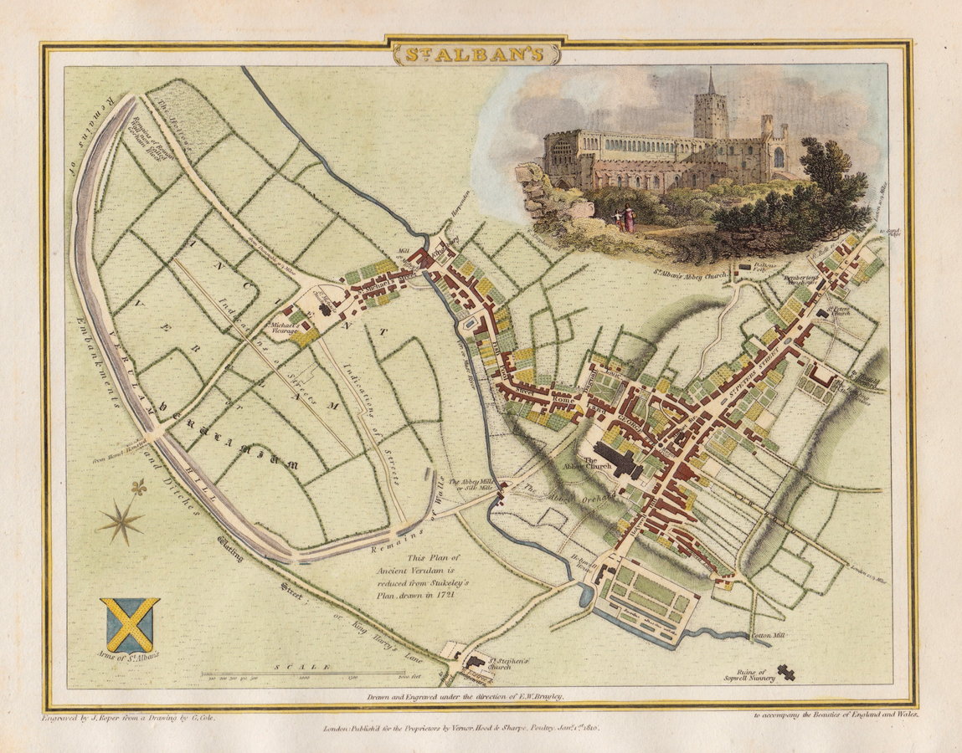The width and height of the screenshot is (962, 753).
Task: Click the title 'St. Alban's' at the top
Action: point(475,54)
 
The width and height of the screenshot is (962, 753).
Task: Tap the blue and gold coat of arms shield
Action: point(130,624)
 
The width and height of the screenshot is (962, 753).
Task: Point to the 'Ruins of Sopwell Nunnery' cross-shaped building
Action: point(785,670)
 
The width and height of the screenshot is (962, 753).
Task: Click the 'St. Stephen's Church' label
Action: point(494,664)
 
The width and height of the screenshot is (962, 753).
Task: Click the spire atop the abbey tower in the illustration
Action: point(711,81)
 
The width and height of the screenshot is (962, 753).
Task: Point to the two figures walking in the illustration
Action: point(624,219)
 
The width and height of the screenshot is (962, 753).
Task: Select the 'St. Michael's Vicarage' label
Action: point(280,330)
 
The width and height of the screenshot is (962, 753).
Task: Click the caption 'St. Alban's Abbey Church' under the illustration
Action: point(686,269)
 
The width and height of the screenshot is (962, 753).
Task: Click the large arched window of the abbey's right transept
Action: point(779,156)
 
